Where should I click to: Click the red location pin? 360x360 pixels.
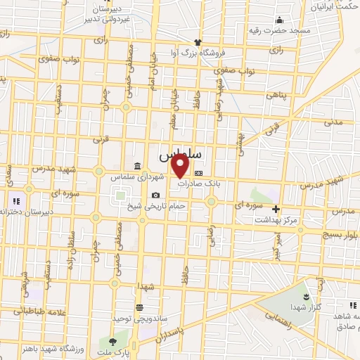[181, 167]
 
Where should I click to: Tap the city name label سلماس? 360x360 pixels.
[180, 153]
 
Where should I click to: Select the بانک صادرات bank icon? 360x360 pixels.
[199, 172]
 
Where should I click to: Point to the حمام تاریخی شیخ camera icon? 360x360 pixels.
[155, 195]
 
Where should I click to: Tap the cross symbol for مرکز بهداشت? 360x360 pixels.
[276, 209]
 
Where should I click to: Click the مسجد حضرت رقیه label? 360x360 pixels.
[278, 32]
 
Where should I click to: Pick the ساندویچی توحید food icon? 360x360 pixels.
[139, 307]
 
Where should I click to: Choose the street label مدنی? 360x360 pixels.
[333, 122]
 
